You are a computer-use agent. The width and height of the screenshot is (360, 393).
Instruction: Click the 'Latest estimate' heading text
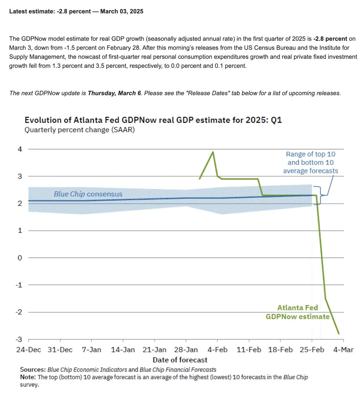[76, 11]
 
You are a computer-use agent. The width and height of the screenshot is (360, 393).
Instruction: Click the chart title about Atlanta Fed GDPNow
[153, 120]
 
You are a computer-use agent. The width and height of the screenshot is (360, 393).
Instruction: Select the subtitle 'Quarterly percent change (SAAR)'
[79, 130]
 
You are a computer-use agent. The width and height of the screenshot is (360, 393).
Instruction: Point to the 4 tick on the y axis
[20, 149]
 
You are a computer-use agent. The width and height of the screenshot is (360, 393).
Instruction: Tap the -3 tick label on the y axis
[19, 339]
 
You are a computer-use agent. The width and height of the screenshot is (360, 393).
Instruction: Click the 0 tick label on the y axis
[20, 258]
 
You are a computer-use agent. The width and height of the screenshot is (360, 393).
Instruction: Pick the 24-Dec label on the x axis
[28, 350]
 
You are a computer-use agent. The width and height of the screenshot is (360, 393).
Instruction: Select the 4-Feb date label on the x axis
[218, 350]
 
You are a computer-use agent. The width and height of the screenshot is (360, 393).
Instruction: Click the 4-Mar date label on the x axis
[343, 350]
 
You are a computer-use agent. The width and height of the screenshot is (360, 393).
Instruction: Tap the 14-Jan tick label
[123, 350]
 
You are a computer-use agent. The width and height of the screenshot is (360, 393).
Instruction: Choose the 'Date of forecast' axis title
[180, 360]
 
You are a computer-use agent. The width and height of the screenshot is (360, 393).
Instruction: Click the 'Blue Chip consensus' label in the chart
[88, 194]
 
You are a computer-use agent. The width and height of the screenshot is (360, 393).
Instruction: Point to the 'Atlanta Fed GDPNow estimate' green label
[297, 312]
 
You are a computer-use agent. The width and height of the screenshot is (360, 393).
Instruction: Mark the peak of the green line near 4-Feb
[213, 152]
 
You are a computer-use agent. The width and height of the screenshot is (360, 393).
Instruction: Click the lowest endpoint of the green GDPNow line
[339, 334]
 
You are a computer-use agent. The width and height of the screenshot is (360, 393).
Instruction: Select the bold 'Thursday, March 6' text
[114, 93]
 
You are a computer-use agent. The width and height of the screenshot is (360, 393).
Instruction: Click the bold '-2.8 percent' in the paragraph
[330, 39]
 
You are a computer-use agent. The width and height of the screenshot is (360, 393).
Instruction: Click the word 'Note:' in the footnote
[28, 377]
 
